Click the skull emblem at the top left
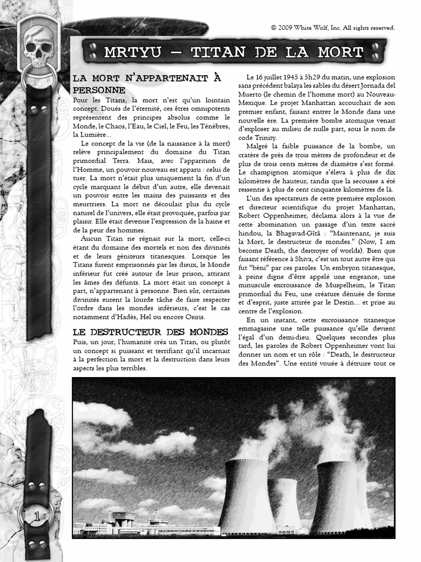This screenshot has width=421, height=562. tap(38, 46)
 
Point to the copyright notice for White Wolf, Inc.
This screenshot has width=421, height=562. tap(332, 27)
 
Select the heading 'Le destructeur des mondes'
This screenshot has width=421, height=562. tap(150, 332)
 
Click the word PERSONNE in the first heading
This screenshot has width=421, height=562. tap(99, 89)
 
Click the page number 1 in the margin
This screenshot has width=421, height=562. tap(37, 516)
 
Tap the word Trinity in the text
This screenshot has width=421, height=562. tap(265, 137)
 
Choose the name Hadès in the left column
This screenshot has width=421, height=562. tap(132, 317)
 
